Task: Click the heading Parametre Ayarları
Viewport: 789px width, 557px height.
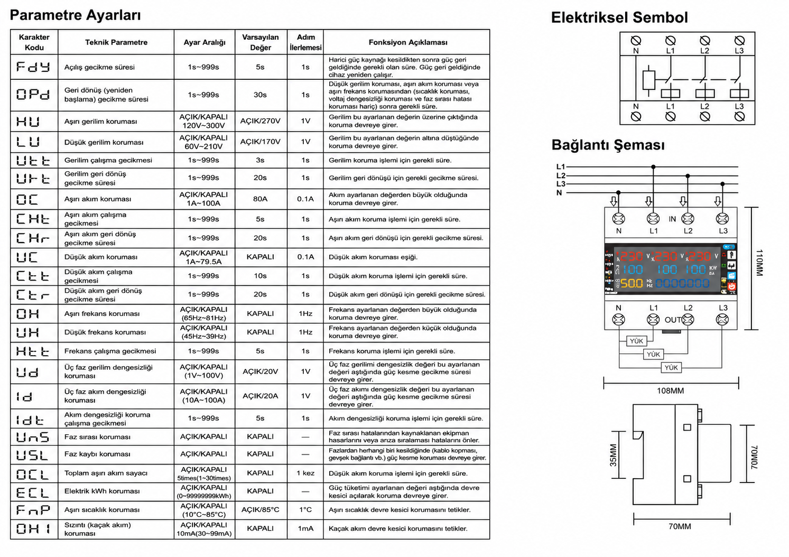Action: [x=75, y=15]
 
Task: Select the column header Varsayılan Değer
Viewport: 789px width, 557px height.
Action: [x=261, y=42]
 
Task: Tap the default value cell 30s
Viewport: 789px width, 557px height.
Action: [x=260, y=95]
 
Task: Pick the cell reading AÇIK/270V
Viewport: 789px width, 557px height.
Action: [x=261, y=121]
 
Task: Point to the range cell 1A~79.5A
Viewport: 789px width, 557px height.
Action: [x=204, y=262]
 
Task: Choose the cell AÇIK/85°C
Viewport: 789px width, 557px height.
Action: [x=261, y=510]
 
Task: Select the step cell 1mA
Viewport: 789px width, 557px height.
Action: [x=305, y=528]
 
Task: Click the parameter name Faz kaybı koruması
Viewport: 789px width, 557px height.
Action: [x=97, y=454]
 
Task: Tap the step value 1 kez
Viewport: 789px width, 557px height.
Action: [x=305, y=473]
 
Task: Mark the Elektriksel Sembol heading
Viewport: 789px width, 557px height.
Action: [x=619, y=17]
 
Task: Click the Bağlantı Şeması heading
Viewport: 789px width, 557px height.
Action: [x=608, y=145]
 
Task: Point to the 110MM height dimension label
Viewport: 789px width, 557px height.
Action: [x=759, y=263]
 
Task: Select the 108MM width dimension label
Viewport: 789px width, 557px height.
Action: [x=670, y=391]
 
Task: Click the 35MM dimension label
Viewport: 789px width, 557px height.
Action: [x=613, y=455]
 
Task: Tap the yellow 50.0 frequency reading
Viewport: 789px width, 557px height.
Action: [x=632, y=283]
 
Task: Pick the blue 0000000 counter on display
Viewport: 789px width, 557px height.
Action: [x=682, y=283]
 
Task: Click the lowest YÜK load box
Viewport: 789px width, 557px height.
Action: [x=671, y=368]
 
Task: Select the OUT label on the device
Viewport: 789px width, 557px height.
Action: [x=672, y=320]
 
